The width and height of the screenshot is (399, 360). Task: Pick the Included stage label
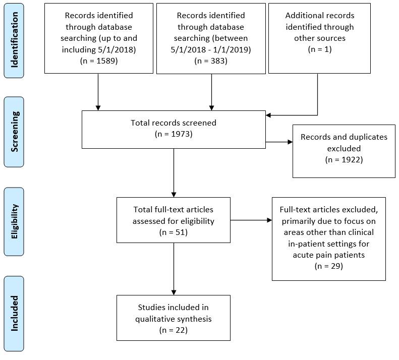click(x=14, y=313)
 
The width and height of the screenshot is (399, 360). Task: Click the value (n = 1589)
click(x=98, y=61)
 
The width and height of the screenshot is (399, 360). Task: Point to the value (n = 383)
click(x=210, y=61)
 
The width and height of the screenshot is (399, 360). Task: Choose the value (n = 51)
click(x=174, y=232)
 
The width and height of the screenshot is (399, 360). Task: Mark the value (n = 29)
click(x=328, y=266)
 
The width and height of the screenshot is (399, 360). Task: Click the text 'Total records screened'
click(x=174, y=123)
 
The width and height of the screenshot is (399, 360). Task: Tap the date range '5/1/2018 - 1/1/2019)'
click(x=210, y=49)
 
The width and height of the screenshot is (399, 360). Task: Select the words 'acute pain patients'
click(x=328, y=255)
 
